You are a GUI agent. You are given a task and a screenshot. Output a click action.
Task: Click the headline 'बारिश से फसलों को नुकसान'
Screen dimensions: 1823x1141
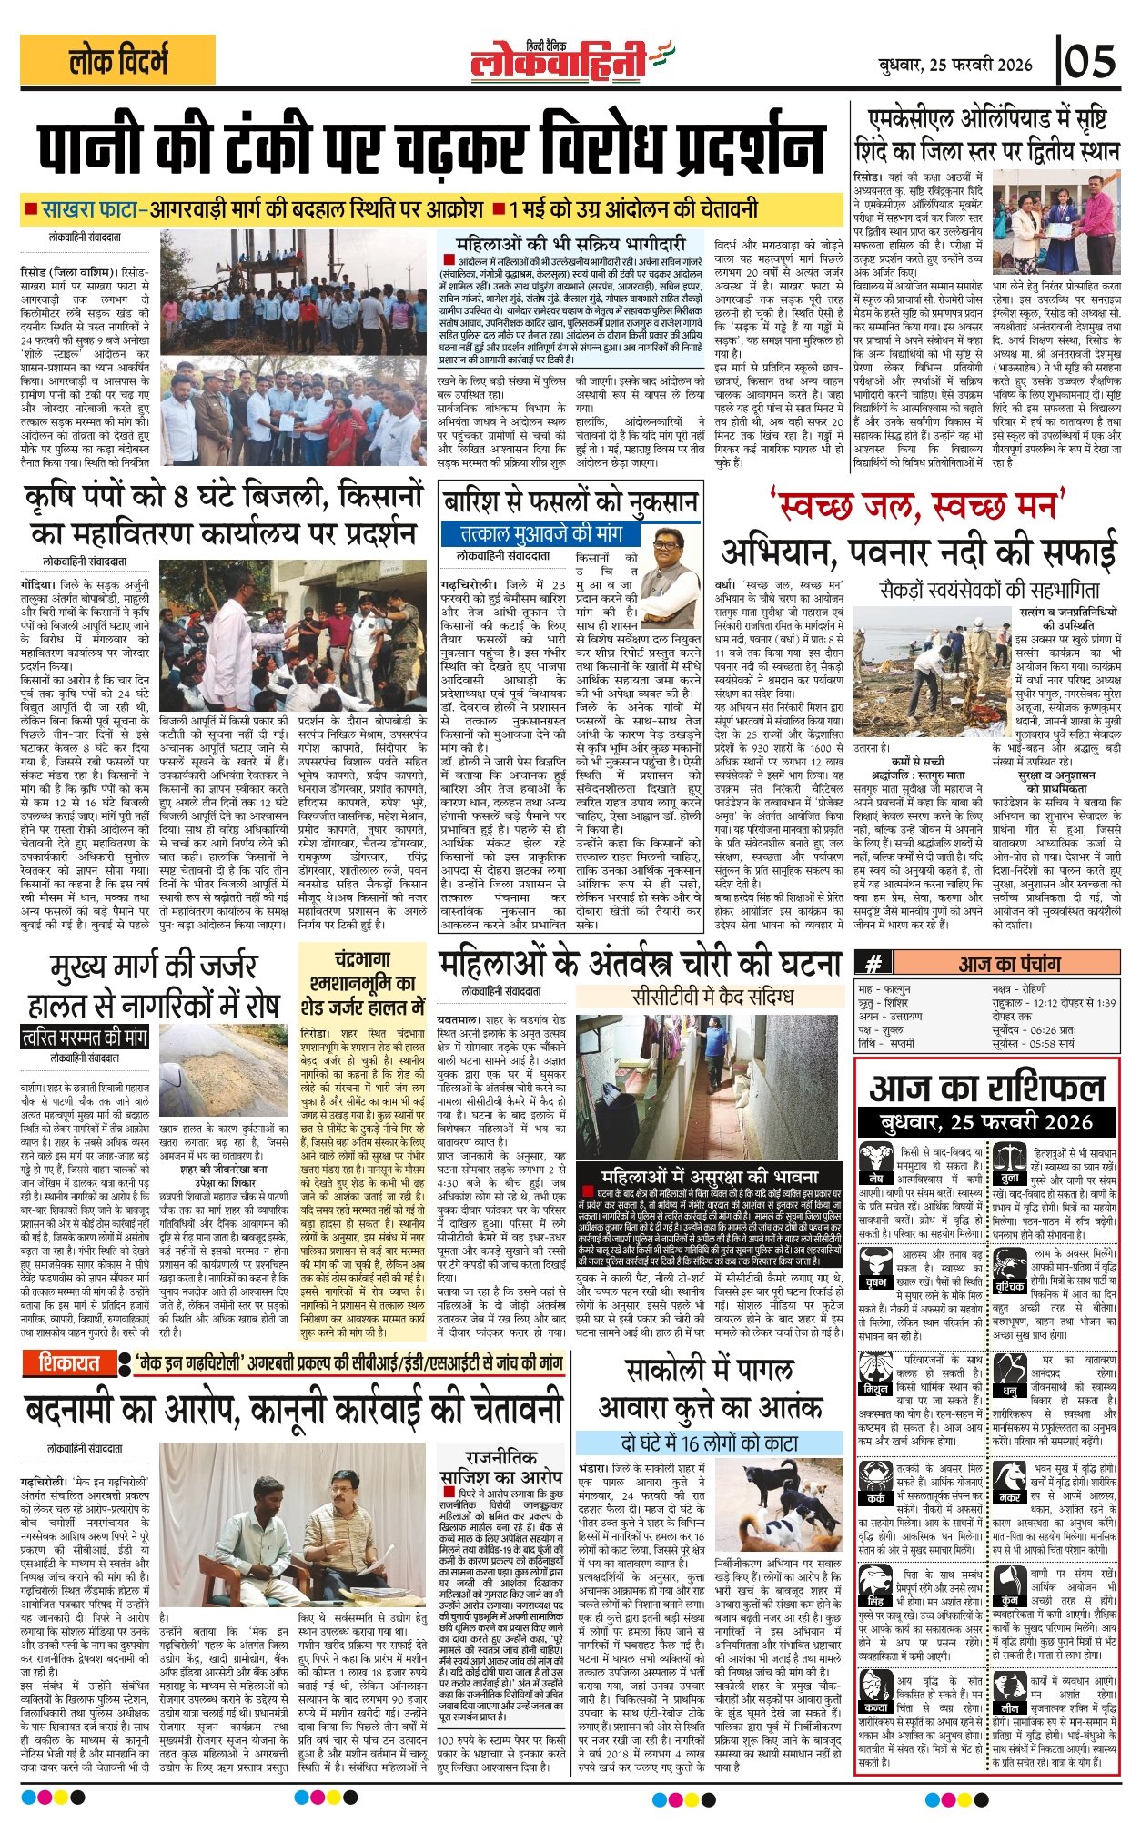pos(570,501)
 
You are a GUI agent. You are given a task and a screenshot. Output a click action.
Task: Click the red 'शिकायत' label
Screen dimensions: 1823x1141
pos(70,1362)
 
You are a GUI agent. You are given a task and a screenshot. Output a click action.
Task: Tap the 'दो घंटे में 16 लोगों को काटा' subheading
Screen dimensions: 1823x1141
pos(698,1443)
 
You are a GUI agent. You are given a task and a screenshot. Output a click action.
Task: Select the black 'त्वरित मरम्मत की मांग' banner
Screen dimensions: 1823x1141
pos(85,1037)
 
